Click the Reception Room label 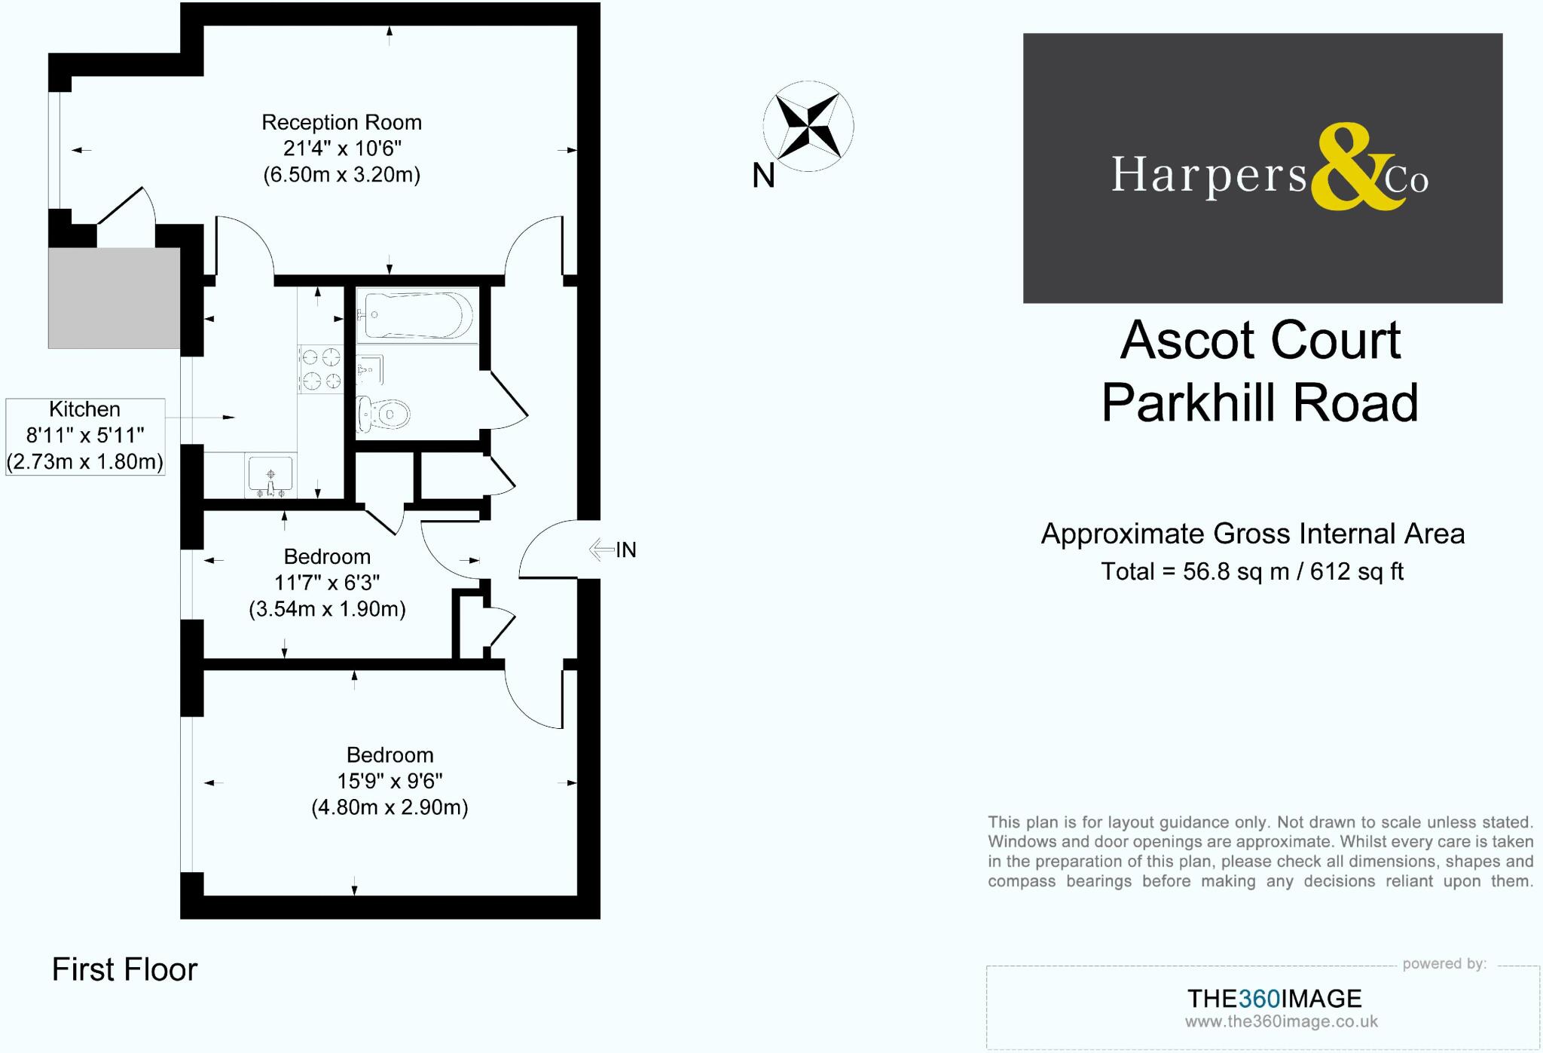tap(341, 122)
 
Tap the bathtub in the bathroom tap(417, 314)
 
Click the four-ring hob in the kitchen tap(321, 369)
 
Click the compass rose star tap(808, 126)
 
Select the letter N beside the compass tap(763, 176)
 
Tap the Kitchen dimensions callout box tap(85, 436)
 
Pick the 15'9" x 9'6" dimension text tap(390, 781)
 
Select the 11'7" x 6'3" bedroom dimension tap(327, 583)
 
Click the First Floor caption tap(124, 969)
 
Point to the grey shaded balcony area tap(114, 298)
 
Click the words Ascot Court tap(1260, 341)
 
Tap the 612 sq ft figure tap(1356, 571)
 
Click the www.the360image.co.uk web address tap(1281, 1021)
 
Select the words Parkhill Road tap(1260, 403)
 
